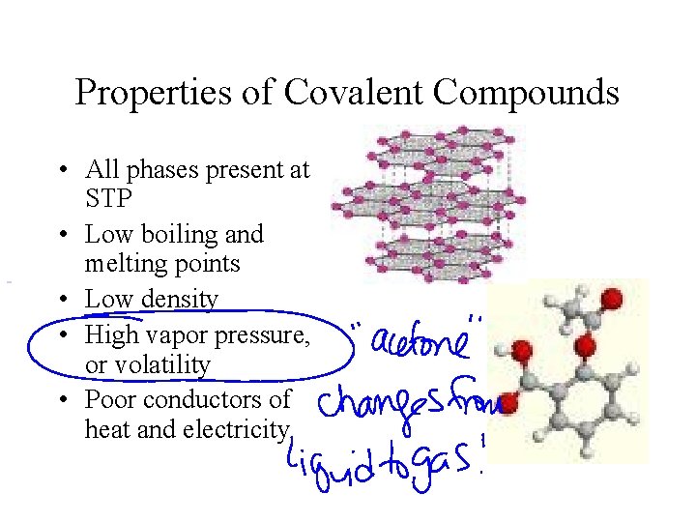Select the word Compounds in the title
coord(527,93)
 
